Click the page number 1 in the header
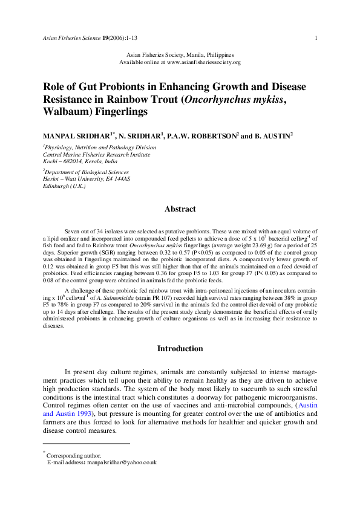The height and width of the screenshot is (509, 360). pos(316,38)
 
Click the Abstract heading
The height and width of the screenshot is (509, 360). pos(180,209)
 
